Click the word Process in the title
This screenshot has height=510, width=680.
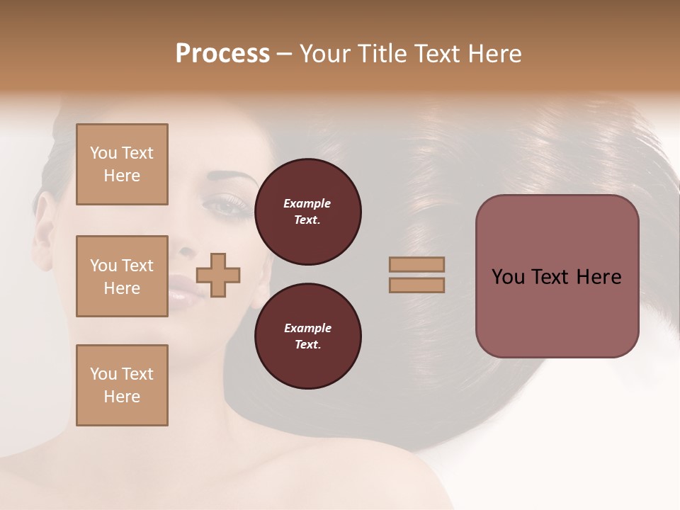(x=222, y=54)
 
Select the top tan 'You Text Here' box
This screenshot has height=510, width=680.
(x=122, y=164)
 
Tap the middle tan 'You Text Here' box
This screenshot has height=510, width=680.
(x=122, y=276)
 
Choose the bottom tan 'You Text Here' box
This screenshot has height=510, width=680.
(x=122, y=385)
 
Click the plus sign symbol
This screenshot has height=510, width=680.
(x=218, y=274)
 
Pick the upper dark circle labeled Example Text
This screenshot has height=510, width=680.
(x=307, y=211)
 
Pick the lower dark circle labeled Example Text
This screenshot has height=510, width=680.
(x=307, y=336)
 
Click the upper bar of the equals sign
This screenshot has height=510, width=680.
(x=416, y=264)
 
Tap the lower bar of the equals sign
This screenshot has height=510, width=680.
(x=416, y=285)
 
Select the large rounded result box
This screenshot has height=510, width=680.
(x=557, y=276)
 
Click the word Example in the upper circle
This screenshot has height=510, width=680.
(x=307, y=203)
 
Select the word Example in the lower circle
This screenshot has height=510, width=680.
(x=307, y=328)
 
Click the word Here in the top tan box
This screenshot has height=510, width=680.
(x=122, y=176)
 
